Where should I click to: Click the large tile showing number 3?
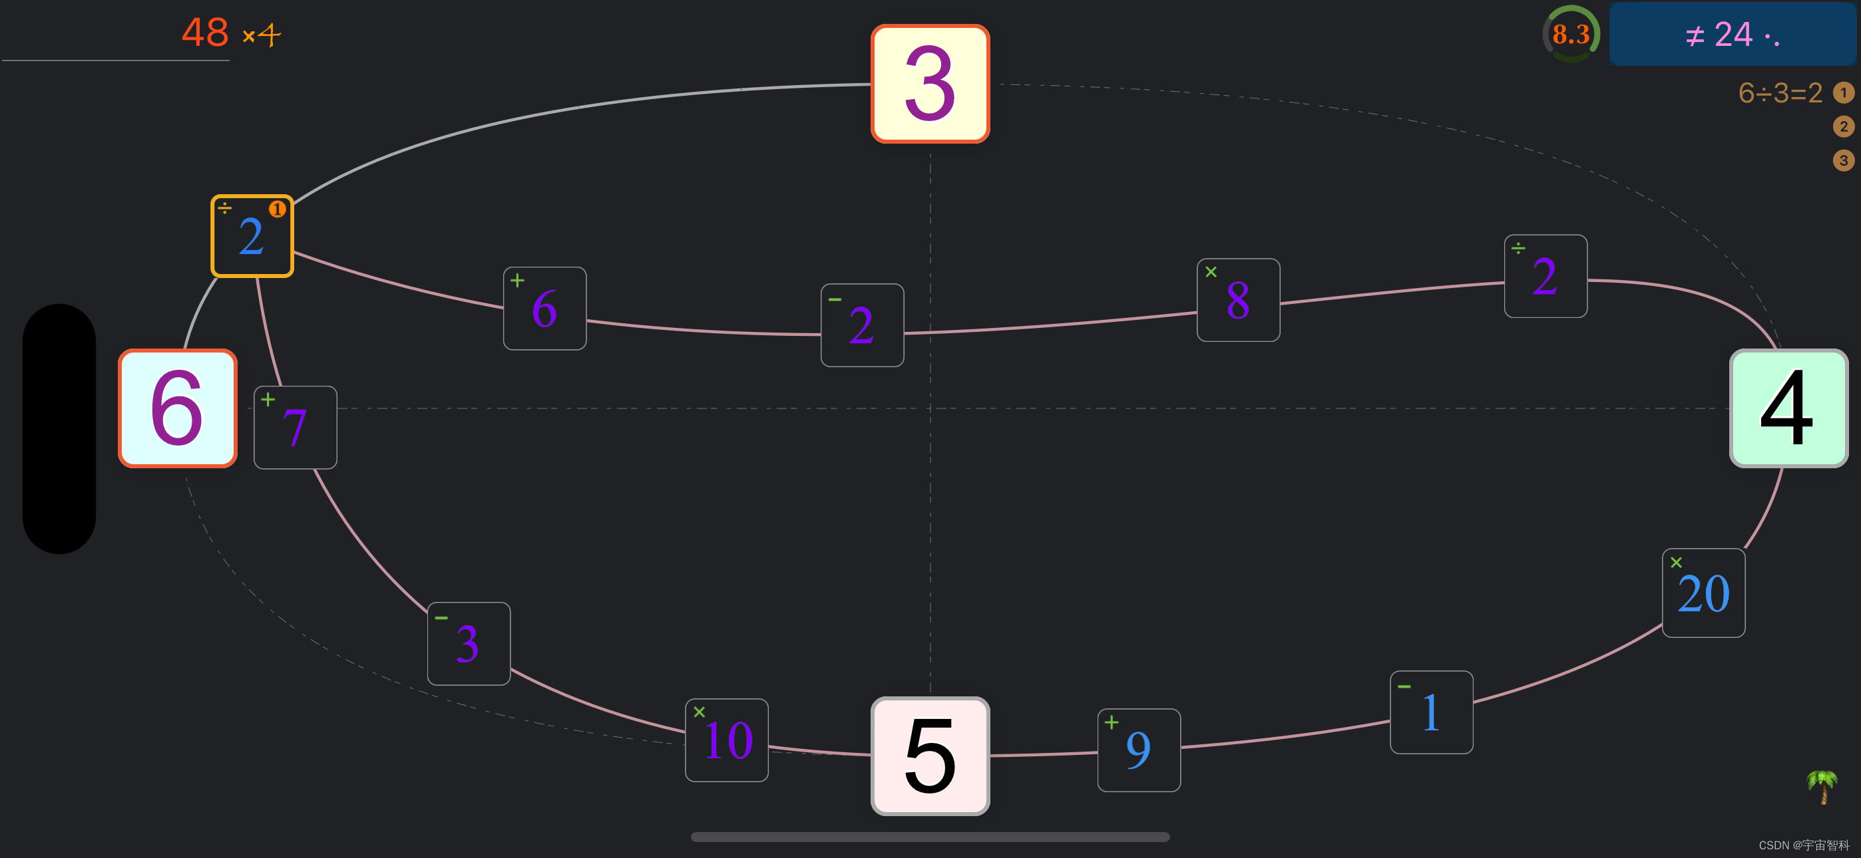pyautogui.click(x=930, y=84)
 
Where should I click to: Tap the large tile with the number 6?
pyautogui.click(x=178, y=408)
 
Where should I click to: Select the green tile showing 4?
pyautogui.click(x=1788, y=408)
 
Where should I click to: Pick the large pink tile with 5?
pyautogui.click(x=930, y=756)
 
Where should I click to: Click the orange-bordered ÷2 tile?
pyautogui.click(x=252, y=236)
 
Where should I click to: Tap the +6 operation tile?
pyautogui.click(x=544, y=309)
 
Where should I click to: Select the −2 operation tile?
pyautogui.click(x=862, y=325)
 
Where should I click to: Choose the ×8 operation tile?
pyautogui.click(x=1238, y=300)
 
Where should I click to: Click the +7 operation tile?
pyautogui.click(x=295, y=428)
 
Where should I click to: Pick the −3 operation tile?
pyautogui.click(x=468, y=644)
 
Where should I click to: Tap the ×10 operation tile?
pyautogui.click(x=726, y=740)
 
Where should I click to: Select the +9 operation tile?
pyautogui.click(x=1139, y=750)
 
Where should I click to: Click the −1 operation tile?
pyautogui.click(x=1431, y=712)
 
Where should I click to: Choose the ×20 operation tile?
pyautogui.click(x=1703, y=593)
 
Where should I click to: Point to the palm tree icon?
pyautogui.click(x=1822, y=786)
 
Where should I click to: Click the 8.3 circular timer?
pyautogui.click(x=1571, y=34)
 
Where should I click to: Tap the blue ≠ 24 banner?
pyautogui.click(x=1733, y=34)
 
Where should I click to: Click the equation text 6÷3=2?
pyautogui.click(x=1780, y=92)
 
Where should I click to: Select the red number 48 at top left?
pyautogui.click(x=205, y=33)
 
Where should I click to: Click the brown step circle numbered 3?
pyautogui.click(x=1843, y=160)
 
